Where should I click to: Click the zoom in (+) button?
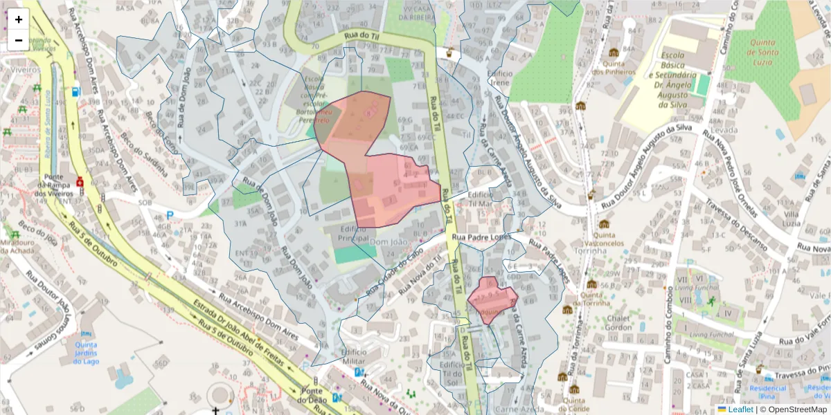point(19,19)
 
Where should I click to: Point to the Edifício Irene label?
point(499,77)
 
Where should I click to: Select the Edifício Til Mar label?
point(481,199)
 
